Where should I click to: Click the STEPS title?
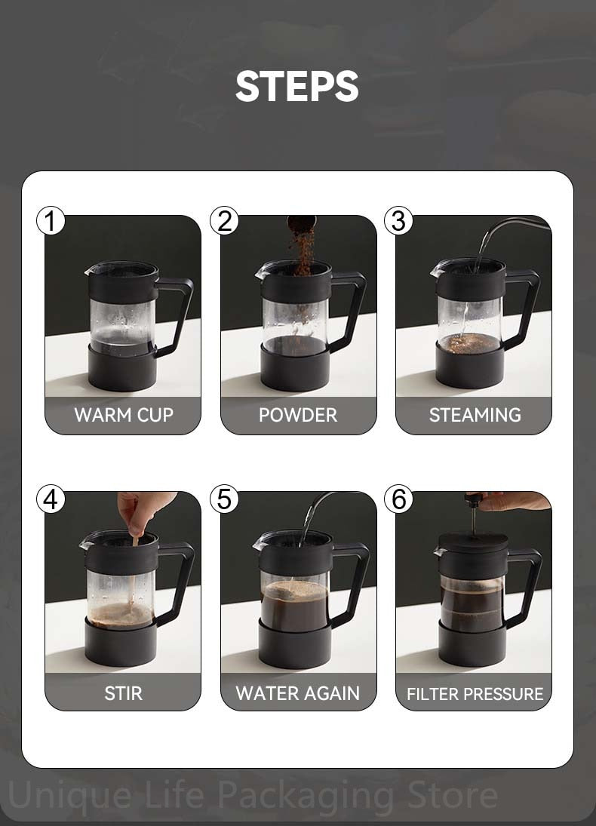coord(297,86)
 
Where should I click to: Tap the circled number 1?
coord(51,221)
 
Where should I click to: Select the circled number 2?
coord(225,221)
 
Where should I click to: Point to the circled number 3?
coord(398,221)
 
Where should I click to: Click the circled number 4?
coord(51,499)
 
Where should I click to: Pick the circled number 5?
coord(225,499)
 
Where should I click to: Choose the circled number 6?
coord(398,499)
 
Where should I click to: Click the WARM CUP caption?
coord(124,415)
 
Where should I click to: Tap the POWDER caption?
coord(298,415)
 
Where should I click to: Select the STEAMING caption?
coord(475,415)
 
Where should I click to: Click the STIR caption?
coord(123,693)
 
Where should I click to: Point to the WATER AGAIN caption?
coord(298,693)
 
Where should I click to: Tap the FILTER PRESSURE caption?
coord(475,694)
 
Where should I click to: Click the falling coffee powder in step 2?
coord(302,247)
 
